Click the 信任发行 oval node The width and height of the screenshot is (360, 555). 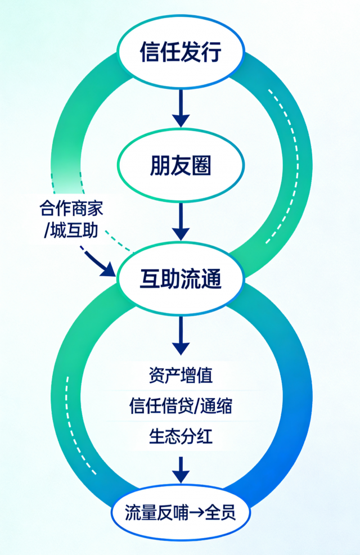180,52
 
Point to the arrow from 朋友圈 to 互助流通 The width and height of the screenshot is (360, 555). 180,222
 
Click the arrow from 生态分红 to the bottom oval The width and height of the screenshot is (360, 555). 180,469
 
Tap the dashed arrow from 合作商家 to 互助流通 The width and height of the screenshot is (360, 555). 96,260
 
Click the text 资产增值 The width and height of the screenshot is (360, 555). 181,374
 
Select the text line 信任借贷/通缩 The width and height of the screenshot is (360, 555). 181,405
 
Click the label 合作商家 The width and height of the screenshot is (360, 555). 71,209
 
